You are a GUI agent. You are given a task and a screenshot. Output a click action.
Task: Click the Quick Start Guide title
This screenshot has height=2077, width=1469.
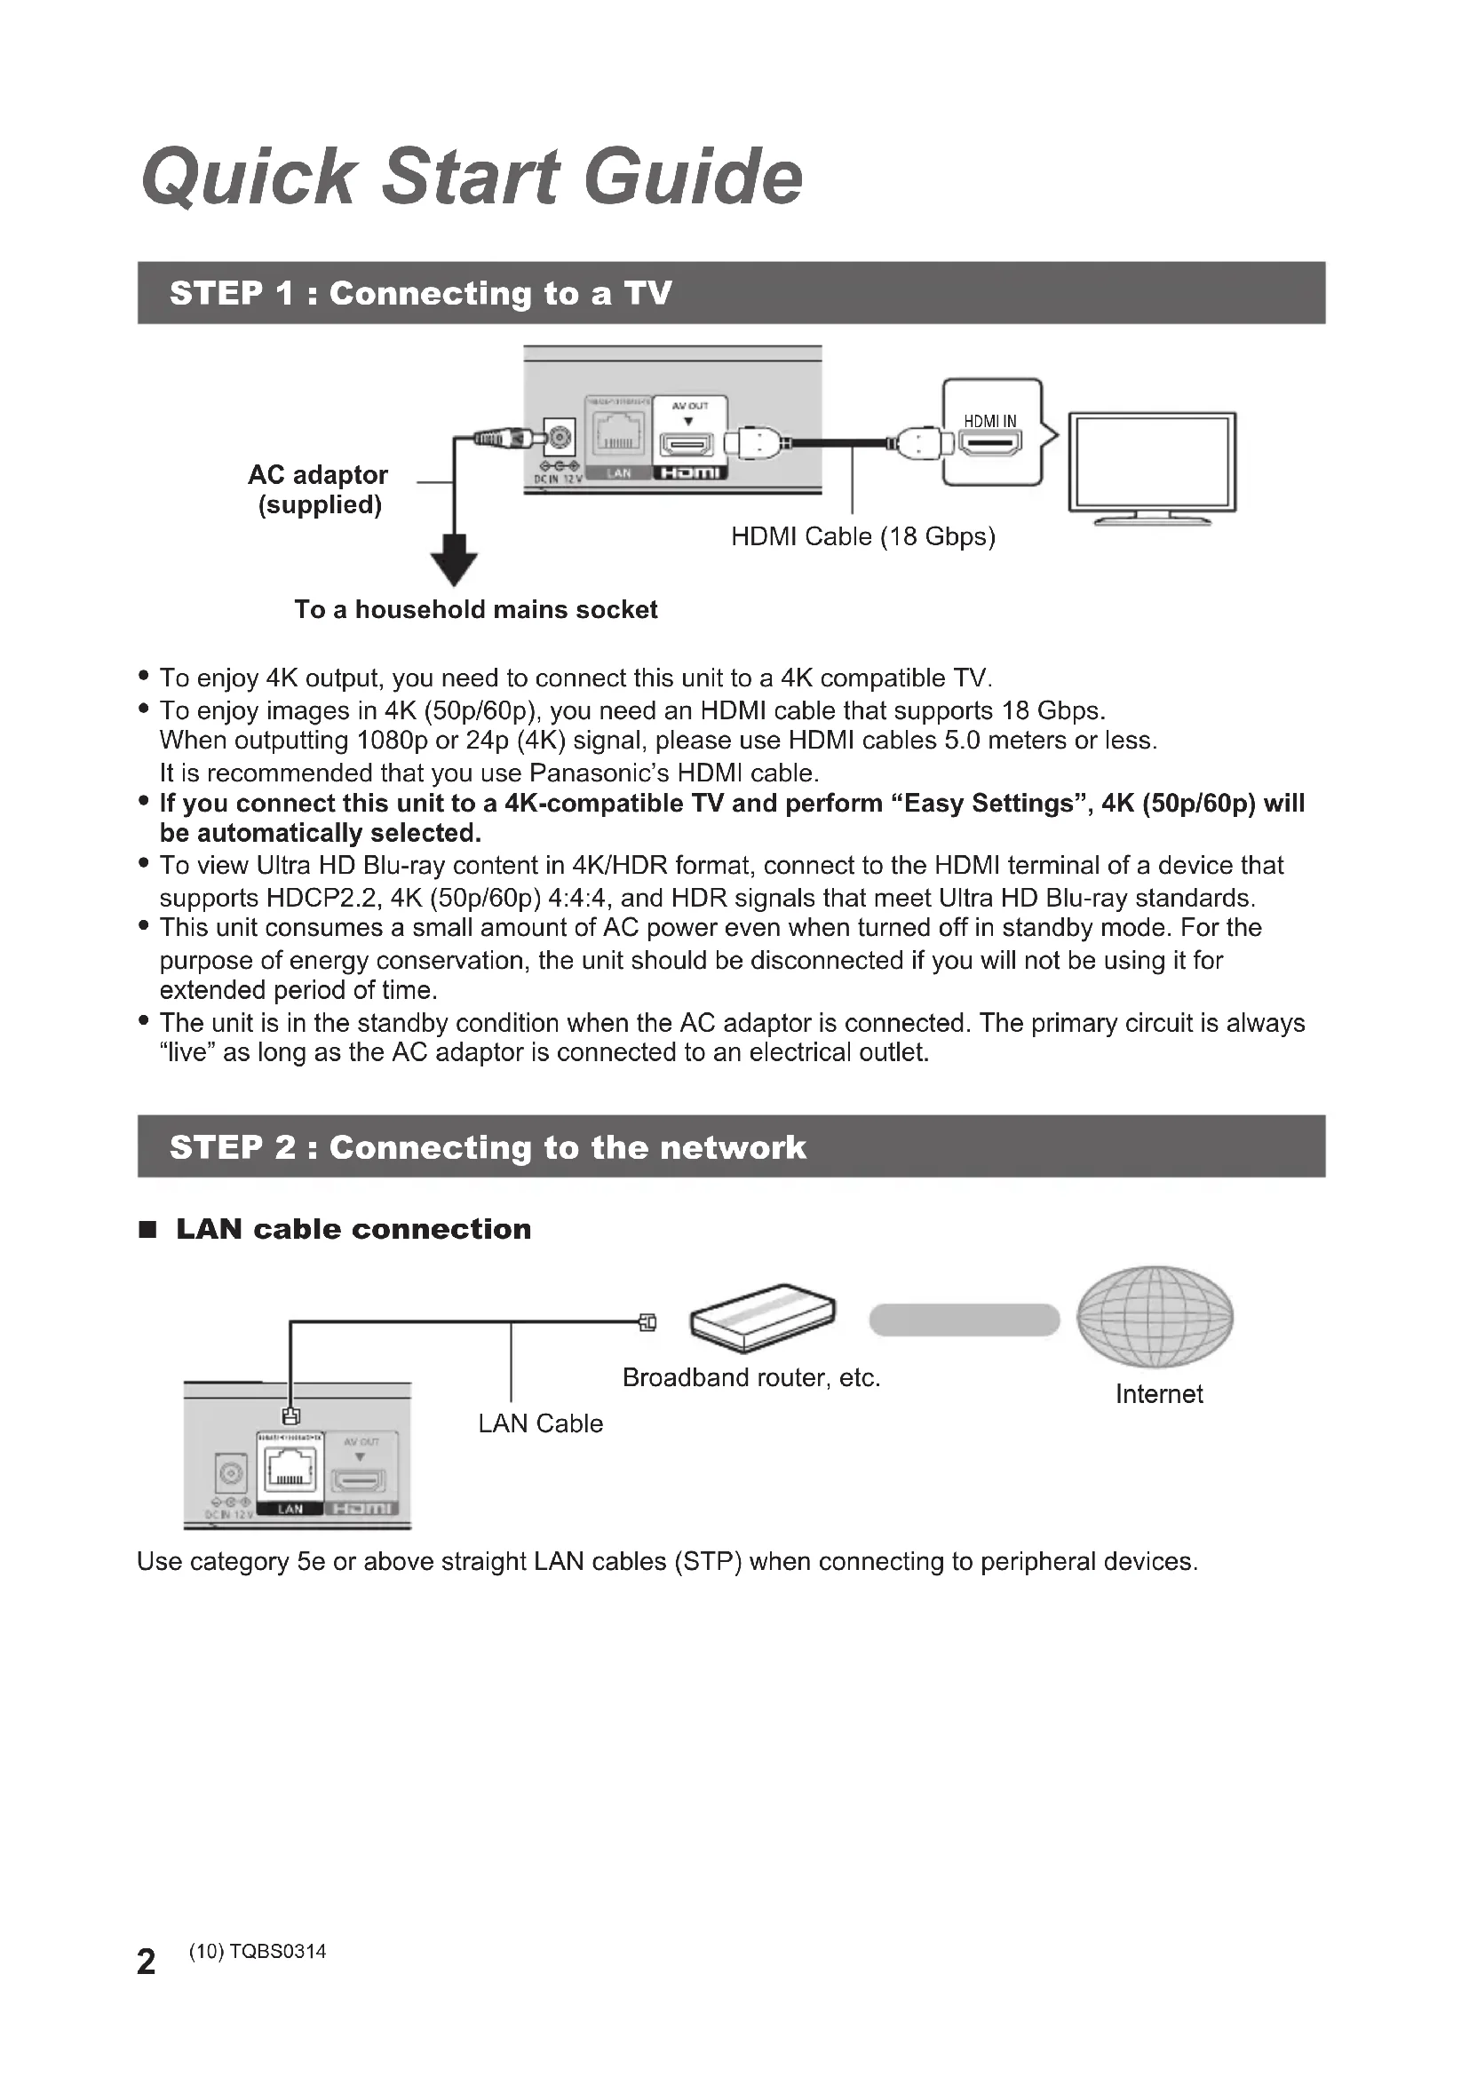472,177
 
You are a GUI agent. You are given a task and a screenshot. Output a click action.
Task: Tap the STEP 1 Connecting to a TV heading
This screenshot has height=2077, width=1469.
421,293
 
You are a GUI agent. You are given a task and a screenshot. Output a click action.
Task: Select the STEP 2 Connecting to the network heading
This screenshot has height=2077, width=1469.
488,1147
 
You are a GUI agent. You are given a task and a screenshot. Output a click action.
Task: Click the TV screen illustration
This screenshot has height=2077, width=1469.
1152,463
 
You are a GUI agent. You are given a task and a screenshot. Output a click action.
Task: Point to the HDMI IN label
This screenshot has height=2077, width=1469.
989,421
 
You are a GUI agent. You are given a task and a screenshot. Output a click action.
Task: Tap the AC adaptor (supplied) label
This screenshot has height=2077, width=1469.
319,489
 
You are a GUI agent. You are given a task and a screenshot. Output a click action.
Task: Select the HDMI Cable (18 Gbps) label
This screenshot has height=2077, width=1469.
863,536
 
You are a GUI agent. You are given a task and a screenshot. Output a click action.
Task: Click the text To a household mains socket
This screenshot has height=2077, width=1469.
476,610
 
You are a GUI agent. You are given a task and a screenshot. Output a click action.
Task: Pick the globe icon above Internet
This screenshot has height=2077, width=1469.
1155,1316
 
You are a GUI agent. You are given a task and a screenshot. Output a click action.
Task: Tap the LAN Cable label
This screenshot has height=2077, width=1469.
540,1423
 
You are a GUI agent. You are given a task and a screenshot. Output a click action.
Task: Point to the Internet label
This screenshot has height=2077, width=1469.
1159,1394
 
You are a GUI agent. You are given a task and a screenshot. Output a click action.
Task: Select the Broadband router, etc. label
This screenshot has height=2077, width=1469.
750,1378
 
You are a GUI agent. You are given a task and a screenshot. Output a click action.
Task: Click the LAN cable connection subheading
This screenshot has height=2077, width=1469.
353,1229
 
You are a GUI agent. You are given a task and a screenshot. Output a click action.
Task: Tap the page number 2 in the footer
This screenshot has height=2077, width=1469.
146,1962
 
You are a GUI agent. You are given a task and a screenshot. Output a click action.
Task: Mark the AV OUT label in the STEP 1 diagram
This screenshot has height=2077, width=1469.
689,406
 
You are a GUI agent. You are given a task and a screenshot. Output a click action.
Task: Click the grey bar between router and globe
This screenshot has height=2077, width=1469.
965,1320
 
